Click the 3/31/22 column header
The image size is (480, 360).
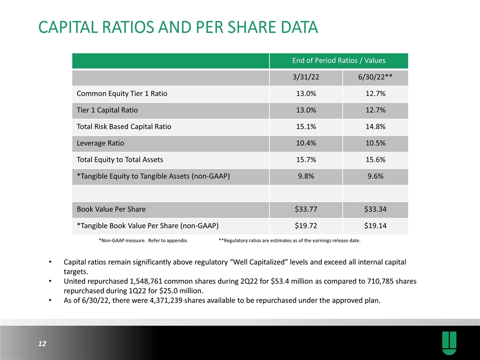pyautogui.click(x=306, y=77)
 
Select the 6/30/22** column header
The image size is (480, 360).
pyautogui.click(x=375, y=77)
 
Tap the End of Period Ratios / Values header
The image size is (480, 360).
pyautogui.click(x=338, y=60)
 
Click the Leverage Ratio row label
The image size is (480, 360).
pyautogui.click(x=100, y=143)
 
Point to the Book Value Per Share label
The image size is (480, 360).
pyautogui.click(x=111, y=209)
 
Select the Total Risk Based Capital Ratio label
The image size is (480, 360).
pyautogui.click(x=124, y=126)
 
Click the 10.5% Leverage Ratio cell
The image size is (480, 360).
pyautogui.click(x=375, y=143)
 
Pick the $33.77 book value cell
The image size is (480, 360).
pyautogui.click(x=306, y=209)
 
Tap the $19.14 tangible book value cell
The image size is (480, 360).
pyautogui.click(x=375, y=226)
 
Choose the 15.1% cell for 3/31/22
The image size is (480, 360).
pyautogui.click(x=306, y=126)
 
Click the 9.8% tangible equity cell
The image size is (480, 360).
pyautogui.click(x=306, y=176)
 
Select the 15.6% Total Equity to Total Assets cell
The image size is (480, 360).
pyautogui.click(x=375, y=160)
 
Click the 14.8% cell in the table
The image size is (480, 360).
pyautogui.click(x=375, y=126)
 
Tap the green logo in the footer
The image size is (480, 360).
pyautogui.click(x=449, y=343)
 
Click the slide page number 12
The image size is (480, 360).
pyautogui.click(x=42, y=344)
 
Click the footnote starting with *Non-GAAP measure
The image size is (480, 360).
pyautogui.click(x=143, y=240)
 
